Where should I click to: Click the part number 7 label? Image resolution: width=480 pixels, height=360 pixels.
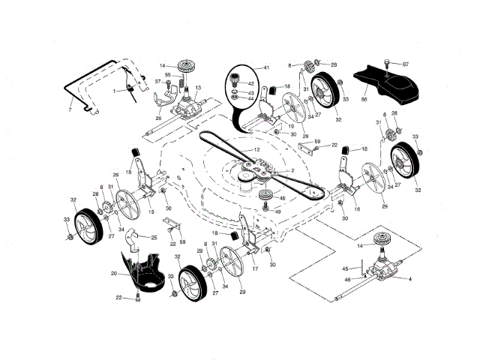(x=70, y=110)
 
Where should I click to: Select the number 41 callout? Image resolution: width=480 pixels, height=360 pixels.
(x=244, y=68)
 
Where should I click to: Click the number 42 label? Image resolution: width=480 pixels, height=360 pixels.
(x=250, y=83)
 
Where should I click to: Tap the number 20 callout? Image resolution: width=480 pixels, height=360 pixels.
(x=113, y=274)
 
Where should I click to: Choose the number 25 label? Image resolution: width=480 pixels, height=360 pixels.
(x=154, y=238)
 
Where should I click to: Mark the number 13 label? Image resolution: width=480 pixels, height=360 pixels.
(x=198, y=88)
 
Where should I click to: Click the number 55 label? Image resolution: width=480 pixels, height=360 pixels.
(x=168, y=75)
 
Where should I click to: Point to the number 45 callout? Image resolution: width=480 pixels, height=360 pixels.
(x=346, y=268)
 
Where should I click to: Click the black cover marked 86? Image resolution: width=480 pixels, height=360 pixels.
(x=390, y=84)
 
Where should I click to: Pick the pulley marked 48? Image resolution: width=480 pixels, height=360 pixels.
(x=265, y=197)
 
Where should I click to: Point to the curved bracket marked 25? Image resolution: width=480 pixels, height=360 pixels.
(x=134, y=240)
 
